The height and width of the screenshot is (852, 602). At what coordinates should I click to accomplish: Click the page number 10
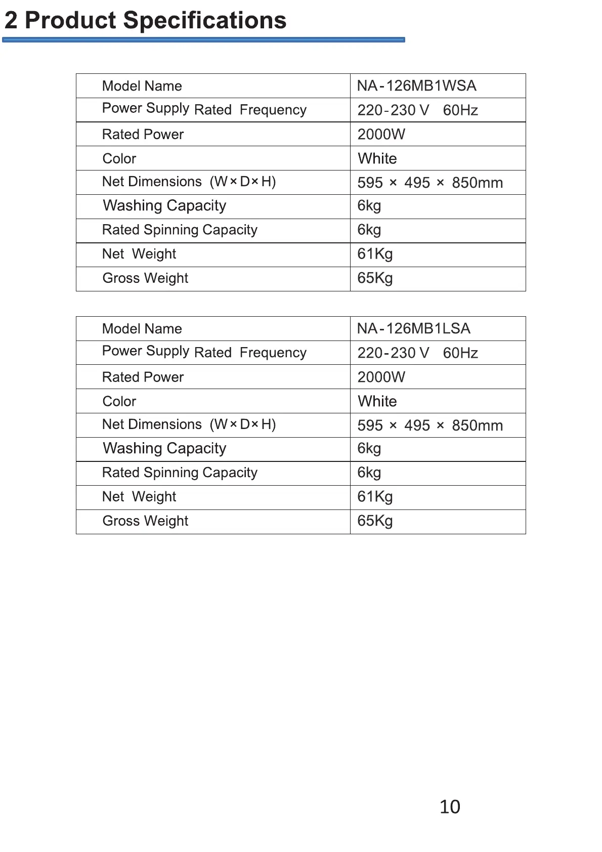450,806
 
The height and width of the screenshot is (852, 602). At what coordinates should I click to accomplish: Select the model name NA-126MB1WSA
416,86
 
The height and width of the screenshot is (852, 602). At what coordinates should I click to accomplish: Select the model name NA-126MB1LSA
413,328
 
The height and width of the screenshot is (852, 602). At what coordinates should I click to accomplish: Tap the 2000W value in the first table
381,134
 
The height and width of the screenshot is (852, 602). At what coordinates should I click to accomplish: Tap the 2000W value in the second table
381,377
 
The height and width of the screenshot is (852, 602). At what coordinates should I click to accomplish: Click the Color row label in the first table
119,158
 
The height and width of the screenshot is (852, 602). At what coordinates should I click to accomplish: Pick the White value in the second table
377,401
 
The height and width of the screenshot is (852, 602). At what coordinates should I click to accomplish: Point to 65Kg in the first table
375,278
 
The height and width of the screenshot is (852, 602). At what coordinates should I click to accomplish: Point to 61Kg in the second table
375,496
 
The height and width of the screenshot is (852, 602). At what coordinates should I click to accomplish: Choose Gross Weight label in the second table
145,521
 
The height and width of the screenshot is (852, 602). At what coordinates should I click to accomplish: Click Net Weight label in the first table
139,253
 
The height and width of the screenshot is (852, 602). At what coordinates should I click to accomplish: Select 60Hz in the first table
460,110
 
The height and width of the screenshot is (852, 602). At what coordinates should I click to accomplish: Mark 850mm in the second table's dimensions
477,425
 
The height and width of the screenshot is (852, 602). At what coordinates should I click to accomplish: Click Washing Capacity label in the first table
164,205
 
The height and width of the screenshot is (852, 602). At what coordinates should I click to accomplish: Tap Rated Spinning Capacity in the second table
180,472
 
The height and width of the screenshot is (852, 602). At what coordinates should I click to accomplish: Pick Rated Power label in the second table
143,377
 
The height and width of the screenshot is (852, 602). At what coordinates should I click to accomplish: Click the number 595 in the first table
370,183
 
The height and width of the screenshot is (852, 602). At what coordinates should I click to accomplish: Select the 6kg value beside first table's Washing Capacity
369,205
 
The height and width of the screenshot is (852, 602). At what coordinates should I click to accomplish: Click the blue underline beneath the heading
203,39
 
